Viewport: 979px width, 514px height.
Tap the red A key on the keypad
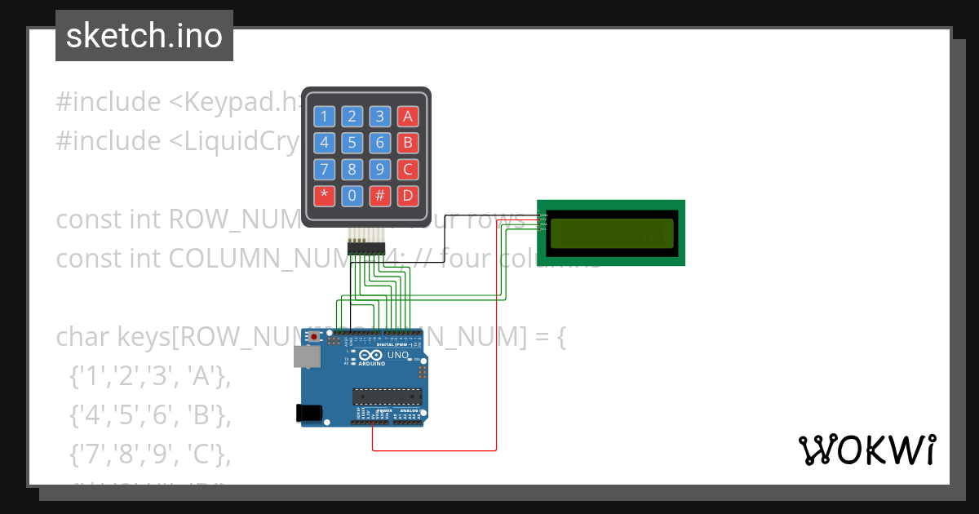click(407, 117)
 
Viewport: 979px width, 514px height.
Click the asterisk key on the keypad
click(325, 196)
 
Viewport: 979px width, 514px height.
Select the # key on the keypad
click(379, 196)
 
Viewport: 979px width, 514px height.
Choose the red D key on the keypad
click(407, 196)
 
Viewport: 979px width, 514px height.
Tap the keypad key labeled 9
click(379, 170)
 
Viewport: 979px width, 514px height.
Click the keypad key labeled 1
click(325, 117)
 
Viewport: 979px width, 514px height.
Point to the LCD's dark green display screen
click(612, 233)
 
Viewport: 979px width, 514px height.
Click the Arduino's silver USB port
click(307, 356)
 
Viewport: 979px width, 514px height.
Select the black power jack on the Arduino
click(308, 413)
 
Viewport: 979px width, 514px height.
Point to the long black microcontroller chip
click(388, 397)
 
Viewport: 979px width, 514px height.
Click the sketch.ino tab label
click(144, 36)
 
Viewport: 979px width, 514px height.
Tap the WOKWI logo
click(866, 450)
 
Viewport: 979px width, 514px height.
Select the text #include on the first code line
click(109, 102)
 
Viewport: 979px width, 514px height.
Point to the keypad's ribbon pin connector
click(366, 244)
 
